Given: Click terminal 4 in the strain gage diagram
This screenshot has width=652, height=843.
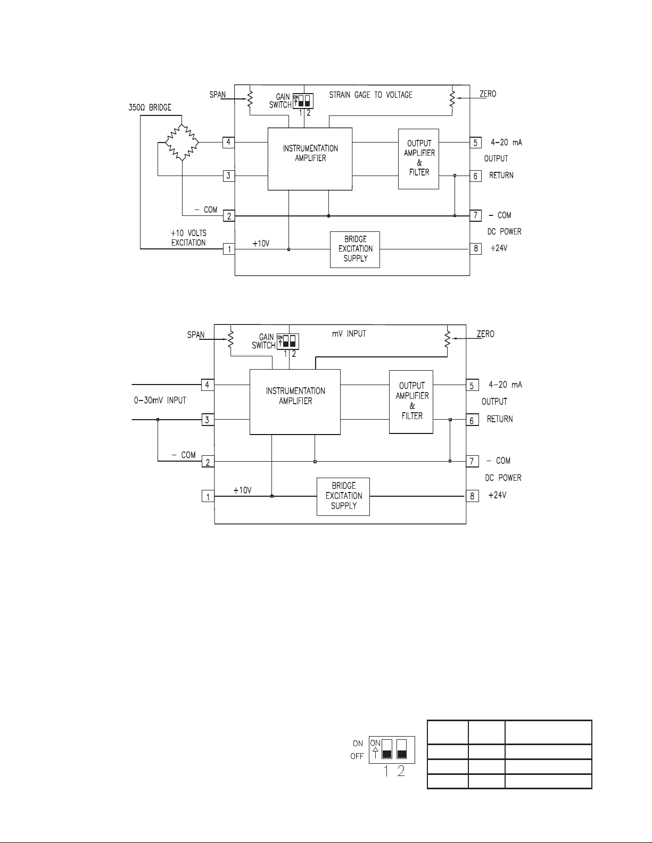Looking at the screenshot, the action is [x=228, y=143].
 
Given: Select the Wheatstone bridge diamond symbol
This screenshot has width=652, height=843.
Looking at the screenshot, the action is [x=182, y=143].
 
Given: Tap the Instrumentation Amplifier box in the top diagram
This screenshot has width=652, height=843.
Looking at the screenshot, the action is [x=310, y=159].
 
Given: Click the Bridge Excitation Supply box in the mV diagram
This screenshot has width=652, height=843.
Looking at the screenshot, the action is [x=343, y=497].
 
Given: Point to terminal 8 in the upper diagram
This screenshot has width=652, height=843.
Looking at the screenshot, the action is [x=476, y=248].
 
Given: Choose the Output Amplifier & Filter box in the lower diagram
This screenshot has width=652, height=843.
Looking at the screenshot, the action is [x=411, y=402].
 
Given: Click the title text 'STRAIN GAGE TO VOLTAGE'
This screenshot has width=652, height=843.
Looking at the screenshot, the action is [x=370, y=95].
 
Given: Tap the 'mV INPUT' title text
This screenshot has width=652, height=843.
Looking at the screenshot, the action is [x=349, y=333].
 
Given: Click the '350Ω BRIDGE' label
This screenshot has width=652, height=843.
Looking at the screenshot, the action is [x=150, y=107].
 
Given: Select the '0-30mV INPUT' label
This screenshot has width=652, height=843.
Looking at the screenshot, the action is [x=160, y=400].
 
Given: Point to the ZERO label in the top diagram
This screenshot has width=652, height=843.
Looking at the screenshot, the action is [x=488, y=94].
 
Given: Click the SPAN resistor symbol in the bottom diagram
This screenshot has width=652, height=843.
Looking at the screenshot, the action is [x=230, y=338].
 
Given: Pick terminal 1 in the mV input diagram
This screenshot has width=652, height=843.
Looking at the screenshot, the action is [x=208, y=496].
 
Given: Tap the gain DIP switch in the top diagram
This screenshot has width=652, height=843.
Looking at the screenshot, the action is [x=303, y=101].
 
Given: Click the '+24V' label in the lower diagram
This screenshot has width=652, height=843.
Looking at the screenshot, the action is [x=497, y=495].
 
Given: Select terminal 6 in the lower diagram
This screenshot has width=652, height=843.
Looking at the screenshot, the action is [x=472, y=420].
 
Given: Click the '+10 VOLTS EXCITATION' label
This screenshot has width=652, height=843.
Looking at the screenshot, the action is [x=188, y=238].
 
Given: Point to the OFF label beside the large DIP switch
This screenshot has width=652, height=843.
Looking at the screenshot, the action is [x=357, y=756].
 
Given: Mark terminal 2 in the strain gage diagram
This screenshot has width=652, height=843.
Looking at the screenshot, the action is [x=229, y=216].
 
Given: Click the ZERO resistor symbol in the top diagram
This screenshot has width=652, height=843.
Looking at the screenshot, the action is [x=452, y=98].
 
